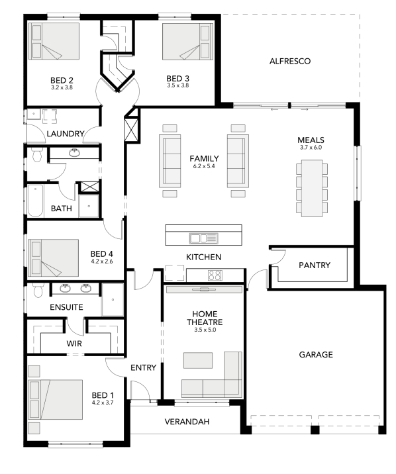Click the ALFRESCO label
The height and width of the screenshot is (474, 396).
290,61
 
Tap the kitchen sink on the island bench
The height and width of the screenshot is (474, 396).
203,238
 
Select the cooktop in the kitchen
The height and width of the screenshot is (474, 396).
215,275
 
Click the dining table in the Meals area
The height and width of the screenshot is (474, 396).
312,188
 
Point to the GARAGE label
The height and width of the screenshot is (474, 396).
316,355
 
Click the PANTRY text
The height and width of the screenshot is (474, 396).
315,265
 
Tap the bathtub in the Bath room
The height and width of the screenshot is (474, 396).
35,201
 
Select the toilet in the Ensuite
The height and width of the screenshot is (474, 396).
38,291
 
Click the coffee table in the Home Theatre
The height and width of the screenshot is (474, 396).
198,360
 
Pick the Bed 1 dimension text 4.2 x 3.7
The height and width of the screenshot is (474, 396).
103,403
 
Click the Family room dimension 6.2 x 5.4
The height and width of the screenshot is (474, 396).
204,166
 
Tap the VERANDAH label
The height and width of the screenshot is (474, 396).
187,422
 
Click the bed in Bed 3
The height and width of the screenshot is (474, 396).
187,42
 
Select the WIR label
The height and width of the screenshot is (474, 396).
74,344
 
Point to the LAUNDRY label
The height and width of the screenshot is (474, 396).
66,134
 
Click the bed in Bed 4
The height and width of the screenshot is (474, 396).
53,258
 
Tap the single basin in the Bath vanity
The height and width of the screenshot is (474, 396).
74,153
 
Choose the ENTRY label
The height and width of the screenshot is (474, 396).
143,367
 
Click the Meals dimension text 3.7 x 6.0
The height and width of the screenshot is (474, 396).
311,148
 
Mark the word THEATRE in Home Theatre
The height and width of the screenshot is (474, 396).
205,322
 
